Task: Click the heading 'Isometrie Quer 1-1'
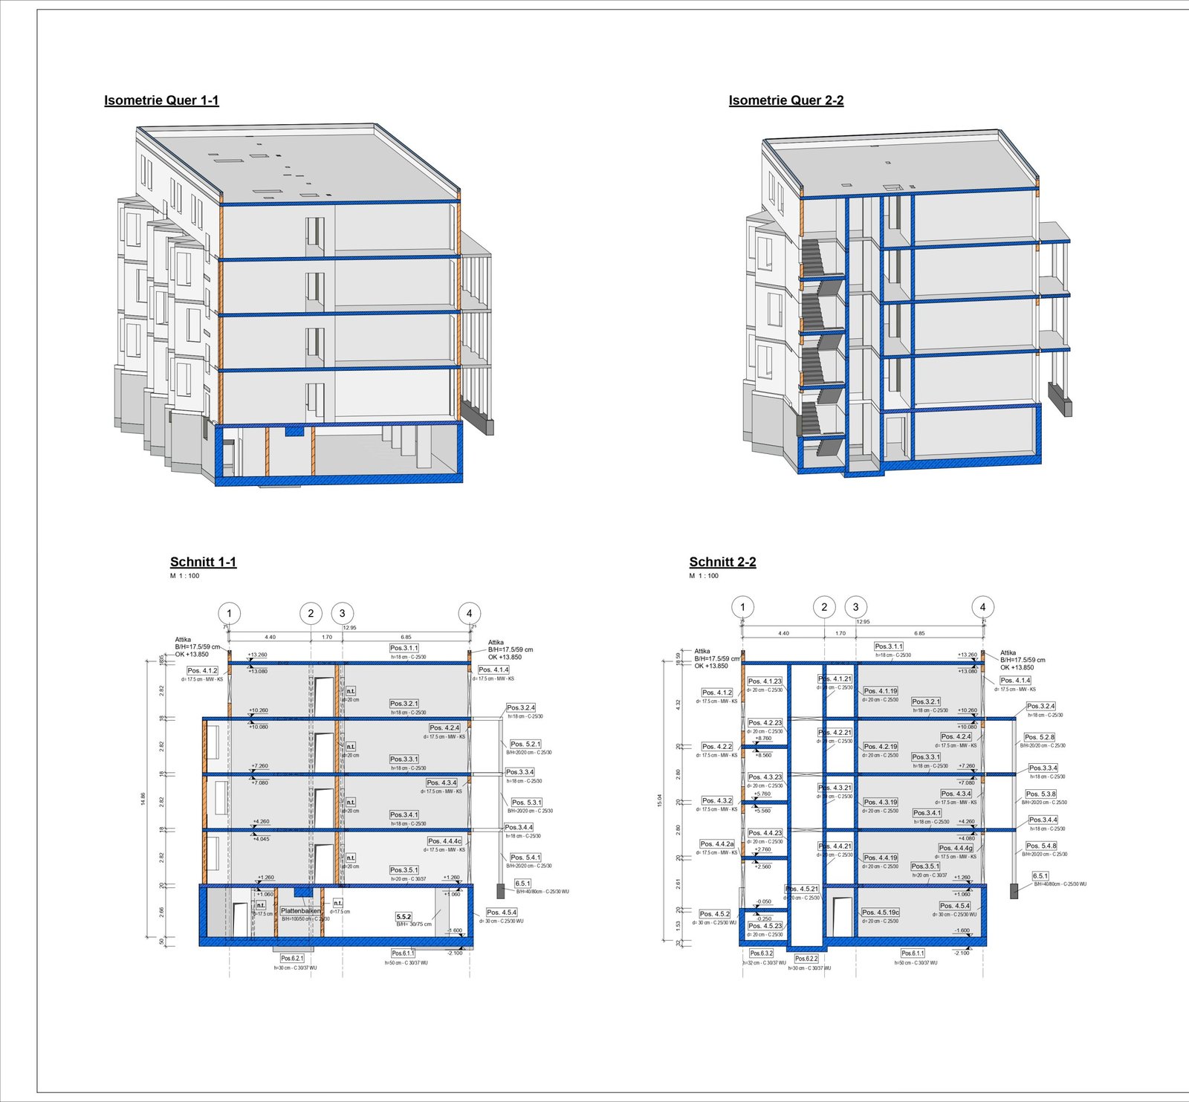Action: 161,100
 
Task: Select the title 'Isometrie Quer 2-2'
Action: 785,100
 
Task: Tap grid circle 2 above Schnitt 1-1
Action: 311,613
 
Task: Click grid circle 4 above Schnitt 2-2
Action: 982,607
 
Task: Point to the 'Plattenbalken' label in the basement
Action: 301,910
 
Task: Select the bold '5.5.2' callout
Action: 404,917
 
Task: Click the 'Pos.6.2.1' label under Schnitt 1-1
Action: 292,958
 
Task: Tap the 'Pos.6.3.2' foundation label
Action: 761,953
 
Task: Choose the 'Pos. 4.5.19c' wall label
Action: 881,912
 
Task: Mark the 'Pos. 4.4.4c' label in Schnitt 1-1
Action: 444,841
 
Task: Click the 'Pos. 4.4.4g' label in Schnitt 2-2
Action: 956,848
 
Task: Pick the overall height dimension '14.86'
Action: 143,799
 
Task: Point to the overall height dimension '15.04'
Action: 659,800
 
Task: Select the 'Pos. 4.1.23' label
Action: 765,681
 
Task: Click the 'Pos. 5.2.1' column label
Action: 525,744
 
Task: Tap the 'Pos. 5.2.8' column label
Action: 1040,737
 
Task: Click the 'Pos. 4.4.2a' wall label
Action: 717,844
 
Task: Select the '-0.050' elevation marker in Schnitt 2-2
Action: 763,901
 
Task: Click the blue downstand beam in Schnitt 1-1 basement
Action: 303,891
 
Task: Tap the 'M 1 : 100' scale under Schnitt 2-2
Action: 704,576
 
